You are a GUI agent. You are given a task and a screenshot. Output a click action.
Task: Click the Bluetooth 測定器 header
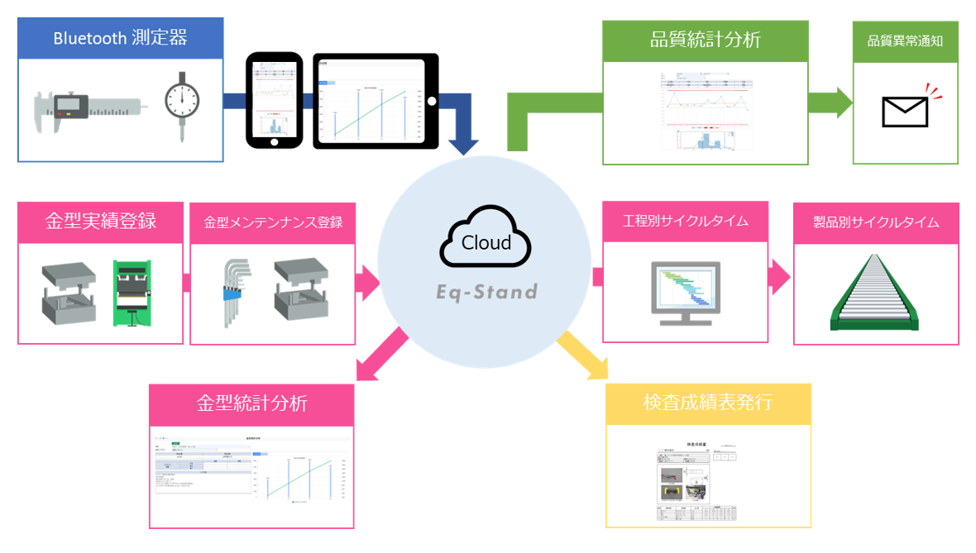coord(120,37)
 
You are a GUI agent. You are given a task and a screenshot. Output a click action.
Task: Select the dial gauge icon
coord(180,103)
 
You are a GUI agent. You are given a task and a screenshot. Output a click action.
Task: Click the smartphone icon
coord(275,101)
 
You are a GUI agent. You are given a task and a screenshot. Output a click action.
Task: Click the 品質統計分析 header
coord(705,40)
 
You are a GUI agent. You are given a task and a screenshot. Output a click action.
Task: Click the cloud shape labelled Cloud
coord(486,241)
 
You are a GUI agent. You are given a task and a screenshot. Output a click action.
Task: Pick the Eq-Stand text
coord(486,292)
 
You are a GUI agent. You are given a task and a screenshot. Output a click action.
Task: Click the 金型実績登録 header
coord(100,222)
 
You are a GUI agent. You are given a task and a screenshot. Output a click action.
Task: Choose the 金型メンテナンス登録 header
coord(273,222)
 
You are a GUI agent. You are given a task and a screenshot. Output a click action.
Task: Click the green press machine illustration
coord(133,293)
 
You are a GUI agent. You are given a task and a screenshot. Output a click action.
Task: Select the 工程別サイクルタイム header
coord(685,222)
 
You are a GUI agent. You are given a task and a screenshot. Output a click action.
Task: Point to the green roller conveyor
coord(875,293)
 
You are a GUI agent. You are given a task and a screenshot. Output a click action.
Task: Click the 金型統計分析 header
coord(251,403)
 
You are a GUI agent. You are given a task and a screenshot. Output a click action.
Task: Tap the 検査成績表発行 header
coord(708,403)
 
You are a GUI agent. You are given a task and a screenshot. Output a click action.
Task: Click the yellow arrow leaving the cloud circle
coord(582,355)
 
